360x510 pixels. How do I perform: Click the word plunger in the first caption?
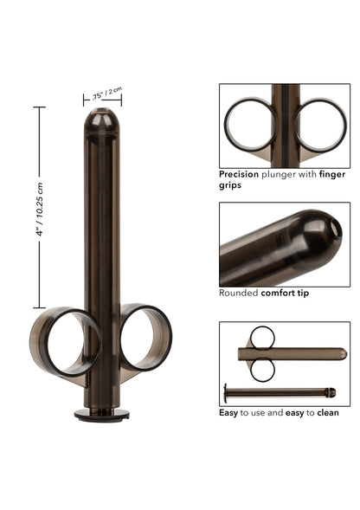(285, 174)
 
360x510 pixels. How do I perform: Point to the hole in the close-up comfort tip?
(336, 226)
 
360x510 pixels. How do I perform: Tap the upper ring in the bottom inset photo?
(263, 338)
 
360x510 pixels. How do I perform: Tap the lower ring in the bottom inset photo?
(263, 370)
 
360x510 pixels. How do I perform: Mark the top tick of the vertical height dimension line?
(39, 107)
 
